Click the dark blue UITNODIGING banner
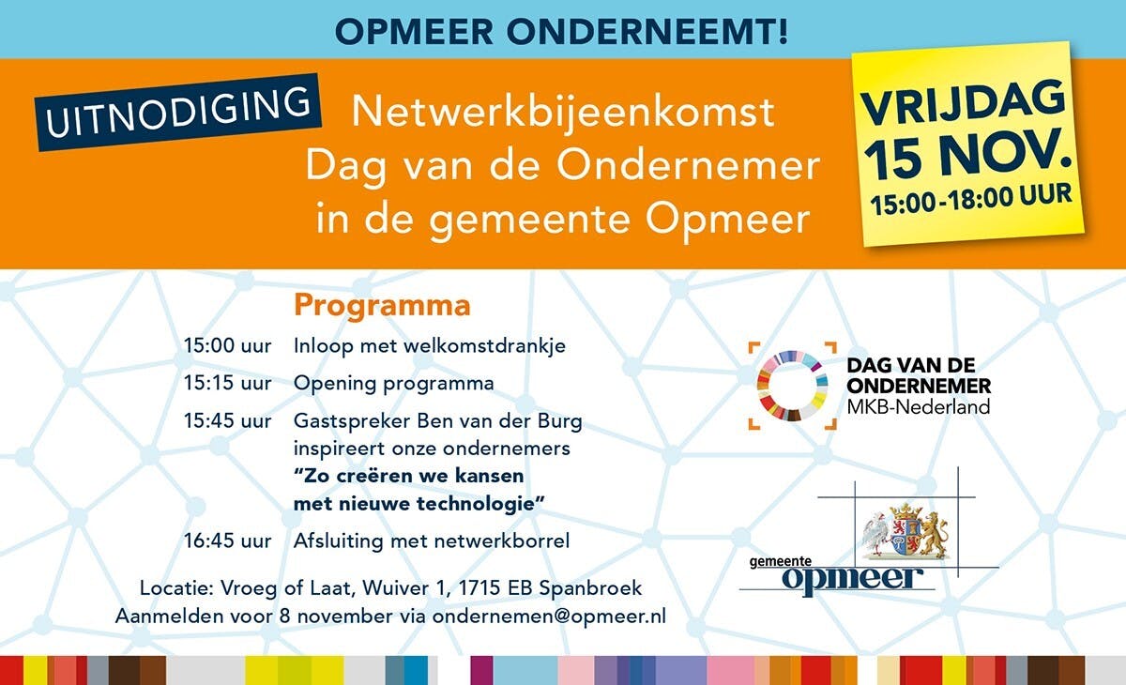(x=177, y=112)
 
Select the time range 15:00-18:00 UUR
(x=971, y=199)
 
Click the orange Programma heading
(x=382, y=306)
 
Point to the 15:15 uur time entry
(x=227, y=384)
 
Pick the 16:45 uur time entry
(x=227, y=541)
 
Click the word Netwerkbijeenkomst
(x=562, y=112)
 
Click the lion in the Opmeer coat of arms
(x=935, y=534)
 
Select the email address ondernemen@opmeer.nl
(x=549, y=616)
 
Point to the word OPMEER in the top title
(x=414, y=32)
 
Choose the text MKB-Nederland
(x=918, y=406)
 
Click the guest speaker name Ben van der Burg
(x=499, y=420)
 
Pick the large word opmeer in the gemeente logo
(x=852, y=579)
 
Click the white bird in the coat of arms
(x=875, y=534)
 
